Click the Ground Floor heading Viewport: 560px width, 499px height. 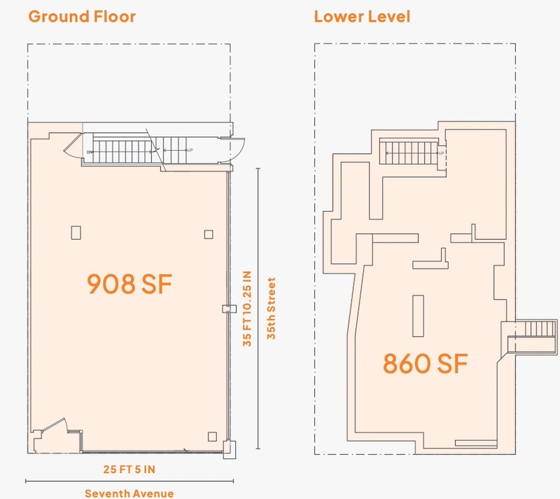pos(82,17)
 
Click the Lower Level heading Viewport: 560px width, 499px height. pos(362,17)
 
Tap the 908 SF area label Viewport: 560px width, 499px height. pos(129,284)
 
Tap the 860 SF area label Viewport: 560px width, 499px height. pos(425,363)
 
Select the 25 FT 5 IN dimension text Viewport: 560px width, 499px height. pos(129,470)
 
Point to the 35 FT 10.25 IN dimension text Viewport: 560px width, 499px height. pos(247,308)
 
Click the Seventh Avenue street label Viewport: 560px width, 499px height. pos(129,493)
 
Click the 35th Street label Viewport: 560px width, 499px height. pos(272,308)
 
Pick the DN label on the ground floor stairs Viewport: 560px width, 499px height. pos(90,152)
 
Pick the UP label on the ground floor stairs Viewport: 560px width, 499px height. pos(190,150)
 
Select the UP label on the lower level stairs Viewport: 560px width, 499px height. pos(442,153)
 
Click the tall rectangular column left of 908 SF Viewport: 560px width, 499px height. pos(76,233)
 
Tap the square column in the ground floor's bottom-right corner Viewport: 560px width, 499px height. pos(212,437)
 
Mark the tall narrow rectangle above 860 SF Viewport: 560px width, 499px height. pos(418,316)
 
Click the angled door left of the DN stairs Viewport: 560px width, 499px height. pos(73,145)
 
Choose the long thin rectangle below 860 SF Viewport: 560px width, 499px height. pos(476,443)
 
